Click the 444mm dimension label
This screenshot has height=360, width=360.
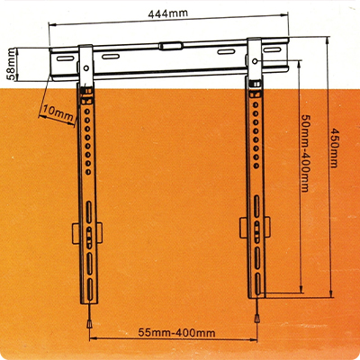coord(167,13)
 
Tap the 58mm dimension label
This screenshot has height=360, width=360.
coord(12,65)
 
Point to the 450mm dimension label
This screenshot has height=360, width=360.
coord(334,148)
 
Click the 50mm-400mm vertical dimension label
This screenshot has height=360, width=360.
coord(305,153)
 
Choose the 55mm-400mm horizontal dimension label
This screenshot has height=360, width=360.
coord(176,333)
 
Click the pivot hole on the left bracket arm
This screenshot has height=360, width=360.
coord(86,68)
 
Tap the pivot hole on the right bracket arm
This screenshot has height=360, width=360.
coord(255,61)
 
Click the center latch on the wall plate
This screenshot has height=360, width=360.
coord(171,46)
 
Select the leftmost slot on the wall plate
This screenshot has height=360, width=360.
coord(66,58)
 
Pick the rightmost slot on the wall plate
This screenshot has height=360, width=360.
coord(272,49)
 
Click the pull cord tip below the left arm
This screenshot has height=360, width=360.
coord(89,323)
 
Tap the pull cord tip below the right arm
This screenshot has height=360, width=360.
coord(256,318)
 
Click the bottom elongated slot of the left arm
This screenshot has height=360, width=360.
coord(89,289)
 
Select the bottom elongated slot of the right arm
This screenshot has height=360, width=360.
coord(257,283)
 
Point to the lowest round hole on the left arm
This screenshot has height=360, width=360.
coord(88,172)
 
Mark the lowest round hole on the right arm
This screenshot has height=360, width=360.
coord(256,166)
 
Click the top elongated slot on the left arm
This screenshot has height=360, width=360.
coord(89,212)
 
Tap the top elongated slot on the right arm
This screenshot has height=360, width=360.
coord(256,206)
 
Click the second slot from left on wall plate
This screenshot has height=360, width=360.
coord(111,56)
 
